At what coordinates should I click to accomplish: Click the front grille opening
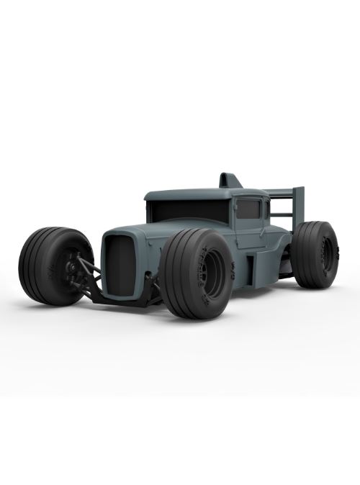(120, 265)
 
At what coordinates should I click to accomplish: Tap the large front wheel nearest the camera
(196, 273)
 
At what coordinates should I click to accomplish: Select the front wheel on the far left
(55, 265)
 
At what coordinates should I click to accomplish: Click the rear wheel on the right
(315, 254)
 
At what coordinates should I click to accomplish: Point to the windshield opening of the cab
(188, 211)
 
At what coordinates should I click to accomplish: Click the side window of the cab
(248, 209)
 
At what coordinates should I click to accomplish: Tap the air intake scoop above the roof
(230, 180)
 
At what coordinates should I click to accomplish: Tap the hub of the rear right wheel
(328, 255)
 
